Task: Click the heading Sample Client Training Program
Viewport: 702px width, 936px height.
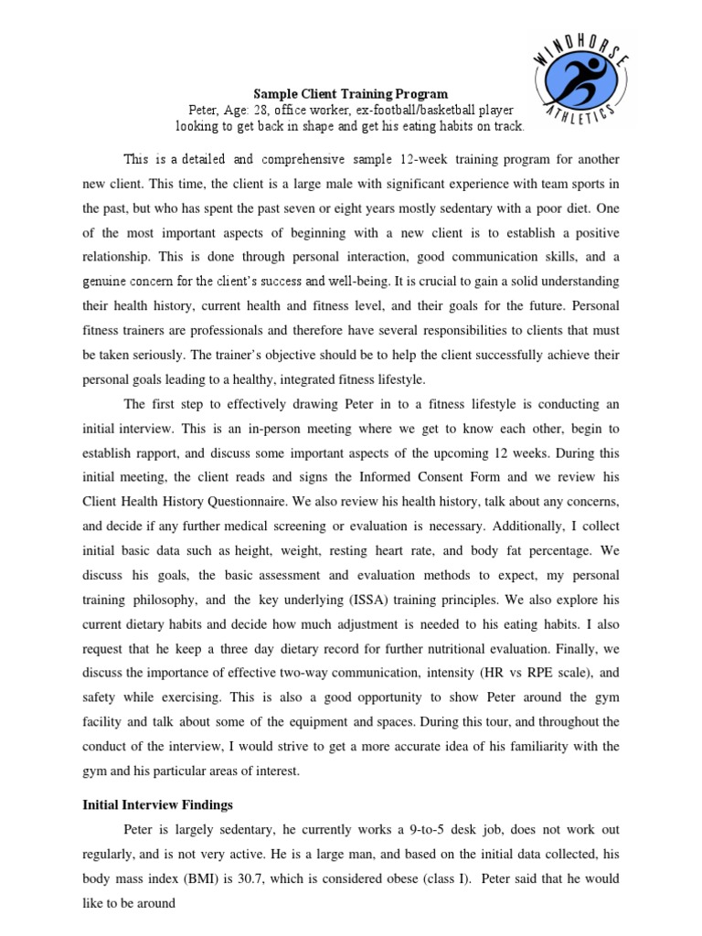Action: (x=350, y=93)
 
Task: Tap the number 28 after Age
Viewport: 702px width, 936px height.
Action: (x=271, y=110)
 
